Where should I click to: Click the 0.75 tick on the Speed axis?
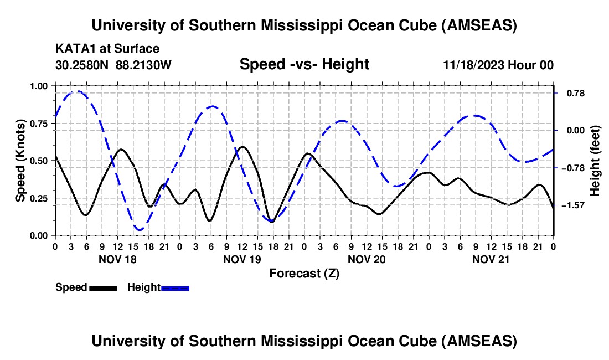click(38, 123)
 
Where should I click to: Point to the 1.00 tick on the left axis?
click(38, 86)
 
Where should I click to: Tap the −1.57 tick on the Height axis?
click(570, 205)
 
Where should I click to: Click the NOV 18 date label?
click(117, 259)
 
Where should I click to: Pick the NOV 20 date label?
click(367, 259)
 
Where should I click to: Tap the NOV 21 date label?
click(491, 259)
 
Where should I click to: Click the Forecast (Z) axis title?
click(304, 273)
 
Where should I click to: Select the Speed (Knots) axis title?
click(20, 161)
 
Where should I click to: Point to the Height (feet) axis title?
click(595, 161)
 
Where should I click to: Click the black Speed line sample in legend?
click(104, 287)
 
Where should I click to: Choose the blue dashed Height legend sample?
click(176, 287)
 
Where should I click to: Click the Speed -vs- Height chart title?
click(304, 64)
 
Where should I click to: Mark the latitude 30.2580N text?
click(83, 65)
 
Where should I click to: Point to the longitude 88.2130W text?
click(144, 65)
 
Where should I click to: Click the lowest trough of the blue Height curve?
click(139, 229)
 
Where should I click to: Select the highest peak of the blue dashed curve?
click(78, 91)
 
